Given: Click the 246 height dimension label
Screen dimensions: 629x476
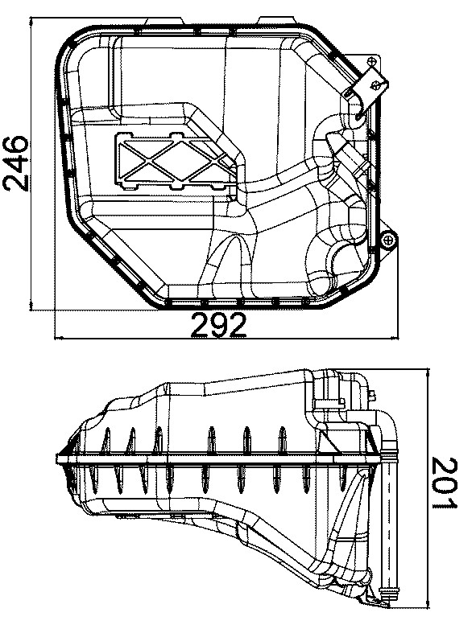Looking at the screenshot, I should coord(16,164).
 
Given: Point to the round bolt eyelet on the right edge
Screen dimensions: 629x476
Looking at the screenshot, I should coord(388,239).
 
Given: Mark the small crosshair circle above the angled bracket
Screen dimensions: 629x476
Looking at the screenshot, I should coord(370,62).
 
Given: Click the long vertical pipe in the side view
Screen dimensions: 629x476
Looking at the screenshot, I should coord(391,523).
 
